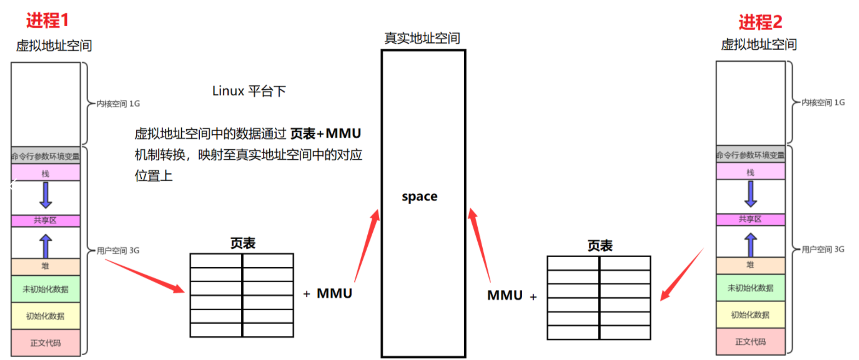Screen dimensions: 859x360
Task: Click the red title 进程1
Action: click(x=47, y=20)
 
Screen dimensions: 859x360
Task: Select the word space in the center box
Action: click(x=420, y=197)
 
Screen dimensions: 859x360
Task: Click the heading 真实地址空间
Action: click(x=422, y=38)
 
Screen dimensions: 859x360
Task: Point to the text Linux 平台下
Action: click(x=249, y=91)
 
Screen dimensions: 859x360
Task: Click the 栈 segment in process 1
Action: click(x=45, y=173)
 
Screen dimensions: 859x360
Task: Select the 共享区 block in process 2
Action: click(x=750, y=219)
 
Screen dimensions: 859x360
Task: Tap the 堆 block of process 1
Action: click(x=45, y=266)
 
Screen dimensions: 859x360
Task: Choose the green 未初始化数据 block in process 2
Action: click(x=750, y=288)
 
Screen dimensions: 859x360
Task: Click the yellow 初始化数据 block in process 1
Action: click(x=45, y=316)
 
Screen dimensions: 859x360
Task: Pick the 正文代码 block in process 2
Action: click(x=750, y=342)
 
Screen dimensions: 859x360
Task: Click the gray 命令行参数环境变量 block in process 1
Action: click(x=45, y=156)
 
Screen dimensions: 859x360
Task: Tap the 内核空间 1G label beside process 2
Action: click(x=823, y=103)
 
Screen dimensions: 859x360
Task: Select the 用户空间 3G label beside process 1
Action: click(x=118, y=250)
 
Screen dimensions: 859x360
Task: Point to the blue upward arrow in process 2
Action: click(x=750, y=245)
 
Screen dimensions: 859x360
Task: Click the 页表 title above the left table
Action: click(x=243, y=244)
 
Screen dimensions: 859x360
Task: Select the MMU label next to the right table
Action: click(x=505, y=295)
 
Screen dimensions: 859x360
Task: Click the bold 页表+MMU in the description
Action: click(x=326, y=134)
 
